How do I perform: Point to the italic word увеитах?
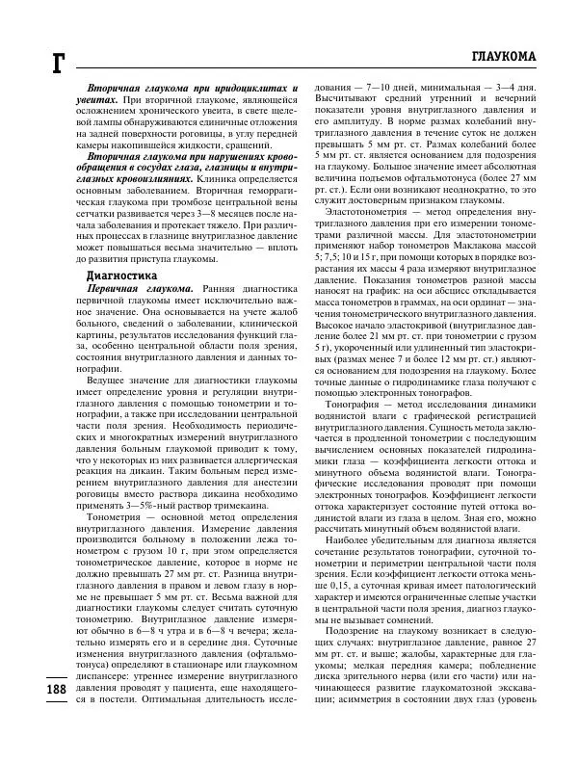pos(95,100)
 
